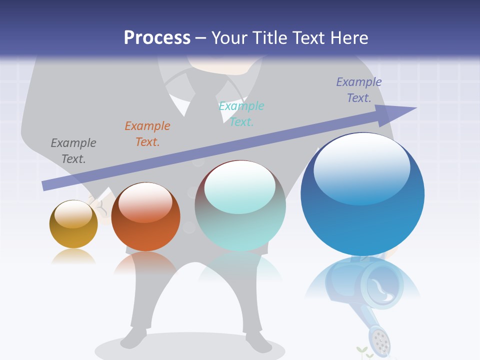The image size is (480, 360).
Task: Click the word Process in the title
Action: tap(157, 37)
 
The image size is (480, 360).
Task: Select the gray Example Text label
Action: tap(73, 150)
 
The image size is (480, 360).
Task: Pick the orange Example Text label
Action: tap(147, 133)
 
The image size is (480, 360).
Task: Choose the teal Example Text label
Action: tap(241, 113)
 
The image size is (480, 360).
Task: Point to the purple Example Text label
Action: tap(359, 89)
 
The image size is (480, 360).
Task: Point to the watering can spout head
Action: tap(380, 341)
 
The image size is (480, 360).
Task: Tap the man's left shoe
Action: tap(134, 338)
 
